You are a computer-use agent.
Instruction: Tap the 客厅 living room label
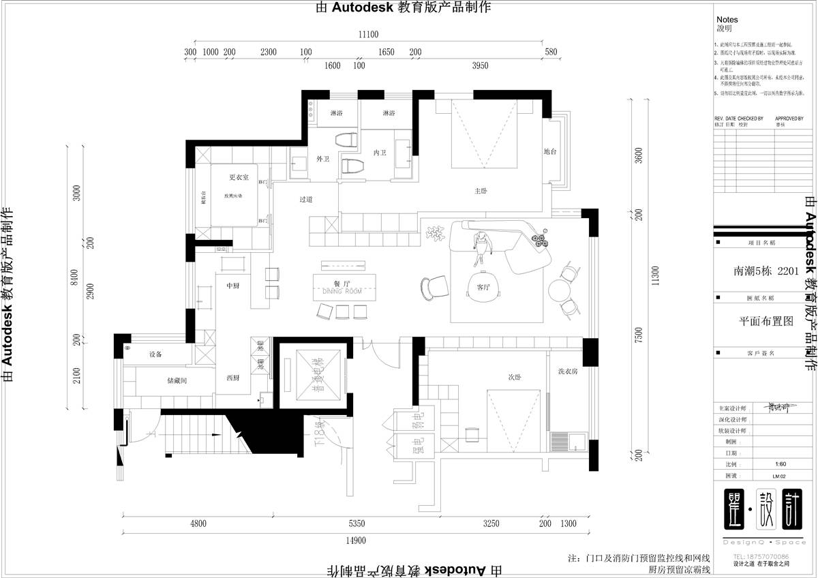point(484,287)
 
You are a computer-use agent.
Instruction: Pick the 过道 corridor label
point(305,200)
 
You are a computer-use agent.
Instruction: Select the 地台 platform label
point(550,151)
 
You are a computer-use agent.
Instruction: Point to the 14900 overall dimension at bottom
point(356,541)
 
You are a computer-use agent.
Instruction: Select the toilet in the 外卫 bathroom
point(346,140)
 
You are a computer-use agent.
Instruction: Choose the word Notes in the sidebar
point(727,20)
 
